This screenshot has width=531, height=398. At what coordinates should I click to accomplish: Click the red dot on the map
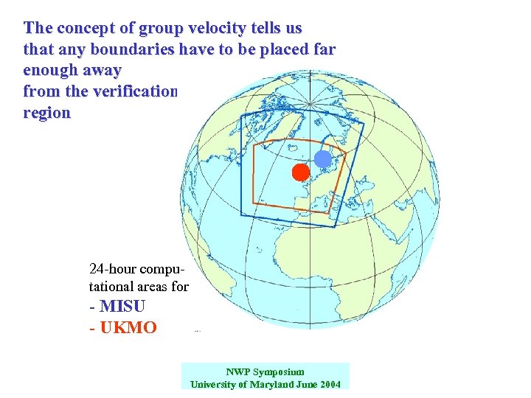pos(299,172)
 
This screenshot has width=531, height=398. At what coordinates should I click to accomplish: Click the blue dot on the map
pos(323,158)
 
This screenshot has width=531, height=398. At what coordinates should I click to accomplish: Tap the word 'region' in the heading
pos(47,114)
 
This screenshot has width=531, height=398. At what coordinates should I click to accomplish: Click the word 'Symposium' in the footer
pos(277,372)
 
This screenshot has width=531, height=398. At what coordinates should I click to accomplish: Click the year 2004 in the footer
pos(328,385)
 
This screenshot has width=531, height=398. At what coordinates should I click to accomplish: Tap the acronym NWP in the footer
pos(237,372)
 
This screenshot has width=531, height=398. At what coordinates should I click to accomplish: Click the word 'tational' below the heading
pos(116,286)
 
